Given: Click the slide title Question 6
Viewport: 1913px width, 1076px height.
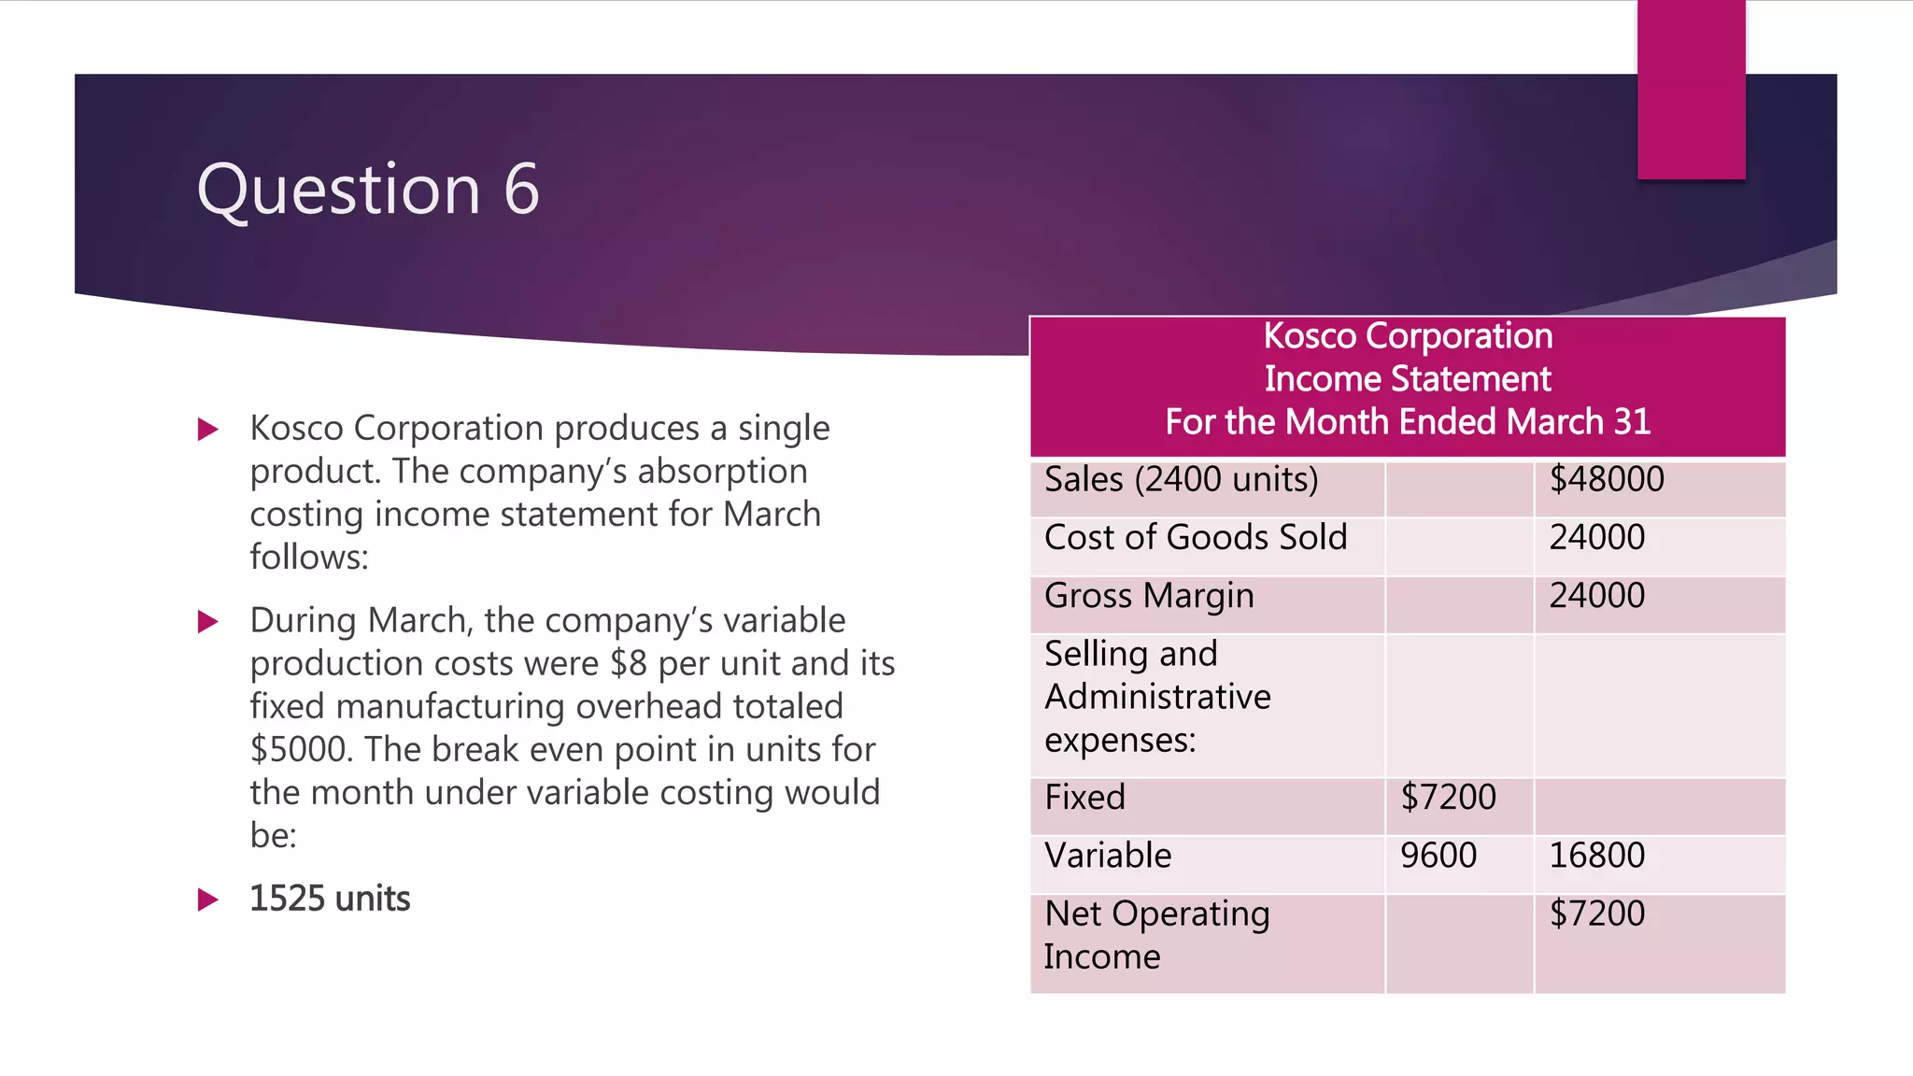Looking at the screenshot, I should click(368, 190).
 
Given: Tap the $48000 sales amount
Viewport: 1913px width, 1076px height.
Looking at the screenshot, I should click(1607, 479).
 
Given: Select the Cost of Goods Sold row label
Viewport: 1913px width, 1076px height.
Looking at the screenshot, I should click(1196, 537).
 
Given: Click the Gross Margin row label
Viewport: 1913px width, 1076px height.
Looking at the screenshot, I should click(1149, 596).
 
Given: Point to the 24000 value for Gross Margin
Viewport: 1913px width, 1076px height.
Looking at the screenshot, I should click(1597, 595).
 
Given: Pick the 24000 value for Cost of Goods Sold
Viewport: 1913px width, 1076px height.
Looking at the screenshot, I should click(1597, 537).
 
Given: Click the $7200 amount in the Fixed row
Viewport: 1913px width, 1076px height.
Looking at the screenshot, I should click(1448, 797).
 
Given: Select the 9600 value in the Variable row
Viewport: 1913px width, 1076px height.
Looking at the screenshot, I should click(1438, 855).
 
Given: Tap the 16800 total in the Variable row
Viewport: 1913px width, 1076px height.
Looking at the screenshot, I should click(1597, 855).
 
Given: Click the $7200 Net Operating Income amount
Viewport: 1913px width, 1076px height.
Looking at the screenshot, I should click(1597, 913).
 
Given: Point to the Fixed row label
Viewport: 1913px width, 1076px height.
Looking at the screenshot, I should click(1085, 797).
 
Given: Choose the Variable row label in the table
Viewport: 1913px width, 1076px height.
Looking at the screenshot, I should click(1108, 855).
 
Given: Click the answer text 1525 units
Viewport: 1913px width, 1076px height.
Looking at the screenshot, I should click(330, 899).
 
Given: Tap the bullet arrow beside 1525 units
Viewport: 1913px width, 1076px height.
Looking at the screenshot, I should click(208, 899).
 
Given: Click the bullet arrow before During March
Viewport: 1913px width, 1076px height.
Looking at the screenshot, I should click(208, 621).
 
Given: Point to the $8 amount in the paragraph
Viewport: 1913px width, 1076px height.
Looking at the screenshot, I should click(629, 663).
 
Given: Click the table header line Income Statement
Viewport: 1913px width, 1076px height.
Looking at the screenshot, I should click(1408, 378).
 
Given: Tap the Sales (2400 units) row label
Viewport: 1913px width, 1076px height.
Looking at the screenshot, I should click(1181, 479).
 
